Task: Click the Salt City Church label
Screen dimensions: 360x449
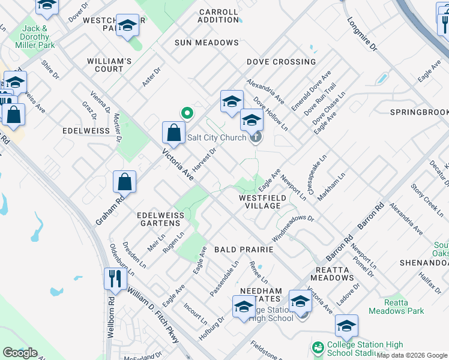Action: pos(217,137)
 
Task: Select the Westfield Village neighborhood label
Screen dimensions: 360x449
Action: pos(260,201)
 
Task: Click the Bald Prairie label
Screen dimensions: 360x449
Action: pos(244,249)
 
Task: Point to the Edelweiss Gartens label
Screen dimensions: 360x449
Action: pos(158,218)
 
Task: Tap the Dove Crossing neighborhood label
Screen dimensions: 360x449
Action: pos(281,62)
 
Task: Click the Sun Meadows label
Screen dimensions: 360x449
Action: pos(206,43)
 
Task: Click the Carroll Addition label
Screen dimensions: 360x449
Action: pos(218,16)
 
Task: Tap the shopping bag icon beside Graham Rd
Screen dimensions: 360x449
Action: pos(124,181)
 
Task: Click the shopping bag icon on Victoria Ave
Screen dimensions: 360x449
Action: pos(173,133)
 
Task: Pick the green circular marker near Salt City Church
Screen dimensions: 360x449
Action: pos(187,112)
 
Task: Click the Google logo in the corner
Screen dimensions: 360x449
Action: pos(20,353)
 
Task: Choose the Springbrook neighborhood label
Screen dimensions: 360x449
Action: pos(419,112)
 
